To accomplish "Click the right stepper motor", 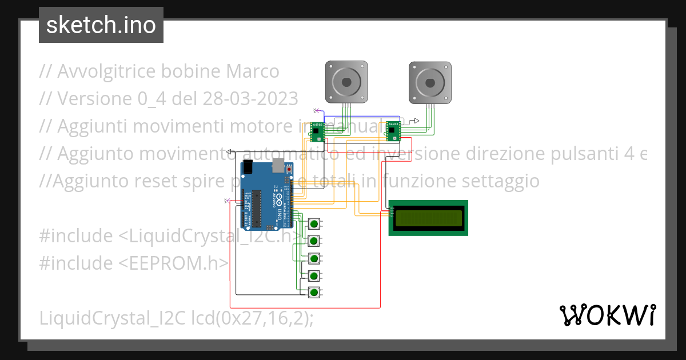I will (430, 82).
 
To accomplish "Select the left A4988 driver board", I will (317, 131).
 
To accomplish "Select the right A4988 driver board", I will (393, 131).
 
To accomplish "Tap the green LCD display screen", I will (428, 218).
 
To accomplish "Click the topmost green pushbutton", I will (314, 223).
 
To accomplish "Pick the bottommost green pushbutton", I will (314, 293).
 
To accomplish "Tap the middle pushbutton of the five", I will (314, 258).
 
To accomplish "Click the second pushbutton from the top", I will (314, 241).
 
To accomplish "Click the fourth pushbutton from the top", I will (314, 276).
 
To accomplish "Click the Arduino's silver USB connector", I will (279, 166).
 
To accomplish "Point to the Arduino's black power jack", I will (248, 167).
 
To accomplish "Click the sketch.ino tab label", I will (101, 25).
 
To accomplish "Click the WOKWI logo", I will (607, 315).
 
